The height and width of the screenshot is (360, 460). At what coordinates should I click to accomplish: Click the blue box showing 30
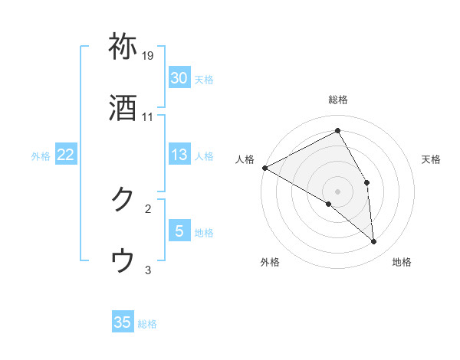point(179,77)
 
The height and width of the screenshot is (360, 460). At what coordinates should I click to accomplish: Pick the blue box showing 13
point(179,155)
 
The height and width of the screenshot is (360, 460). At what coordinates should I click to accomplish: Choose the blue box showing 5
point(179,231)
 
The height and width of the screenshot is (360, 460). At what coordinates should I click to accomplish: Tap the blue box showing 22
point(66,155)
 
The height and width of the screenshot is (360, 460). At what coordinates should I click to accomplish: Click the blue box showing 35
point(123,322)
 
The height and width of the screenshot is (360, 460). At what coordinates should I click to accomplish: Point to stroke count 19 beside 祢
point(149,56)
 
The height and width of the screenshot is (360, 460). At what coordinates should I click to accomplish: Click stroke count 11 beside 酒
point(148,117)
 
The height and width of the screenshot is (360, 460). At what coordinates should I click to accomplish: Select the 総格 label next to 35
point(147,324)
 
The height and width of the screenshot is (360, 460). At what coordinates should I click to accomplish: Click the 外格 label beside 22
point(41,155)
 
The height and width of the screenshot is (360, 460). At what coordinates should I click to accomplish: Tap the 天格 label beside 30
point(204,79)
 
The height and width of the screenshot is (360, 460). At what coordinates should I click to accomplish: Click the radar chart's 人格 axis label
point(245,159)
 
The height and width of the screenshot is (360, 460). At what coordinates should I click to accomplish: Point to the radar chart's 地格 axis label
point(402,262)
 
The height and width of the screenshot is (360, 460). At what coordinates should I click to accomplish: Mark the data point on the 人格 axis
point(264,168)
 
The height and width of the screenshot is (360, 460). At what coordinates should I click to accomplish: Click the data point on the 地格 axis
point(374,242)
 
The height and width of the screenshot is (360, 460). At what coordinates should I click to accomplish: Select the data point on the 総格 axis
point(338,130)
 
